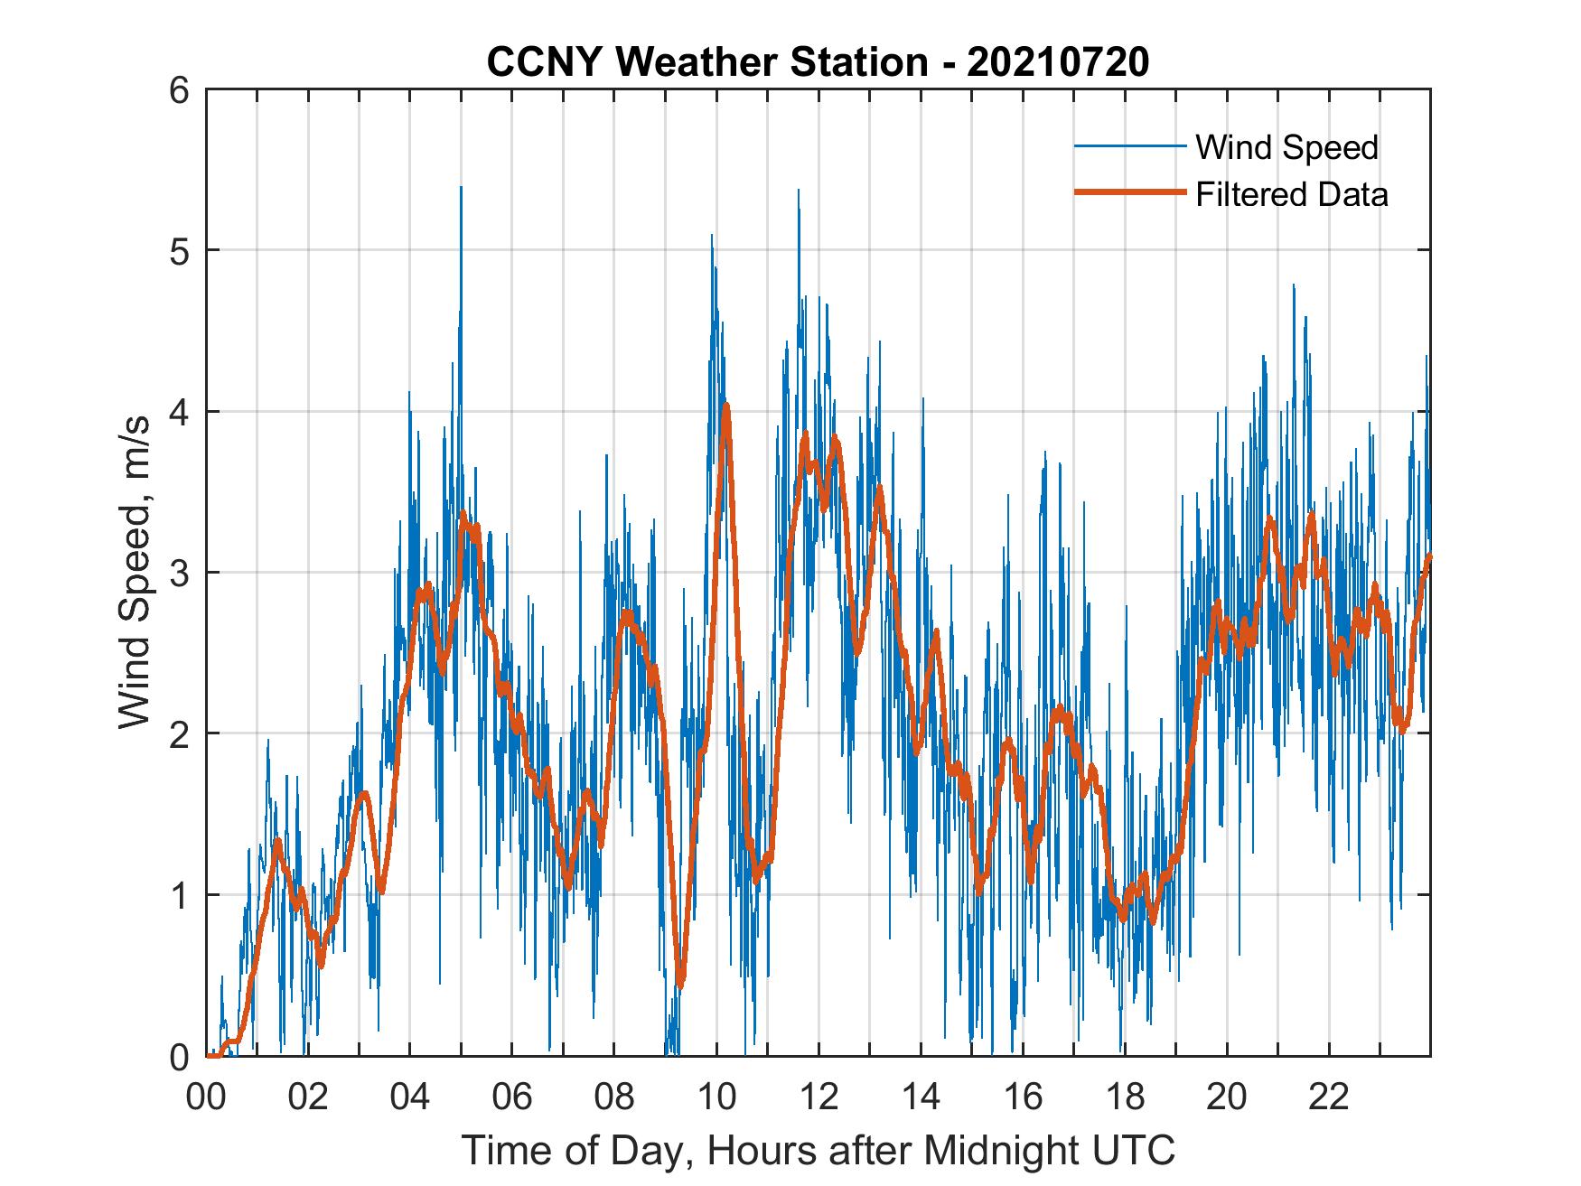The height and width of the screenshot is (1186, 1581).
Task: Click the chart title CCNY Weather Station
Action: [x=818, y=62]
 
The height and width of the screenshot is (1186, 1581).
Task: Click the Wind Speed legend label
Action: [x=1286, y=147]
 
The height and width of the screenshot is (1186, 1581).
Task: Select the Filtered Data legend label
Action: [x=1291, y=194]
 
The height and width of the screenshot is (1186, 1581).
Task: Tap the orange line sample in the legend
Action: [x=1129, y=192]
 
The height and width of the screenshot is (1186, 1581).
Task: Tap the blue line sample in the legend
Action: [x=1129, y=146]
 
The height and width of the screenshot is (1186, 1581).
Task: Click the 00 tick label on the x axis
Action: [x=207, y=1098]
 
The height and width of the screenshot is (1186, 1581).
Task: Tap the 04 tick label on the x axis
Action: [x=410, y=1098]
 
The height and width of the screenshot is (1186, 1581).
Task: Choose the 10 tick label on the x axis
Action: [x=716, y=1098]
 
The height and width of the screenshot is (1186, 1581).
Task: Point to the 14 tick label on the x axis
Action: [x=921, y=1098]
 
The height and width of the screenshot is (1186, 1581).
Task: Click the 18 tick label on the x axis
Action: [x=1125, y=1098]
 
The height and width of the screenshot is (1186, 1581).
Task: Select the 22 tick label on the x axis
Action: [x=1329, y=1098]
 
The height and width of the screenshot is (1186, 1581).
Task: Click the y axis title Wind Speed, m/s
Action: [x=135, y=574]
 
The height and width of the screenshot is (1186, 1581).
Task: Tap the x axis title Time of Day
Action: [x=818, y=1150]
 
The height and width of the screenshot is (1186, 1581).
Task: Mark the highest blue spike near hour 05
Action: [x=461, y=188]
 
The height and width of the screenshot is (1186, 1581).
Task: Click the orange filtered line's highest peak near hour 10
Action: [x=725, y=406]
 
